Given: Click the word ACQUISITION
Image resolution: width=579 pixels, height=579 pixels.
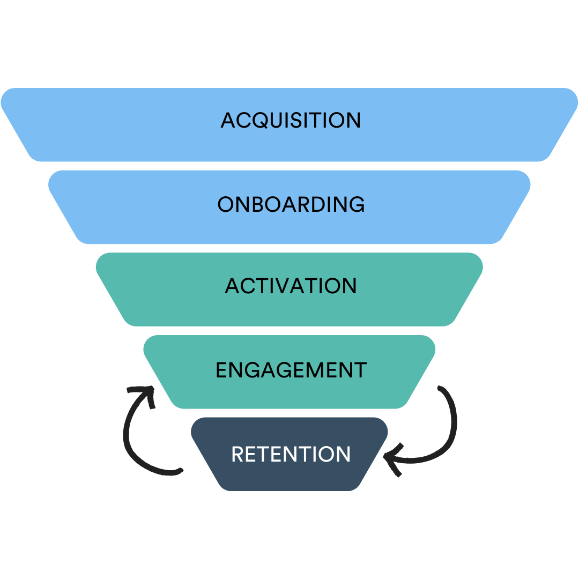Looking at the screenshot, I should tap(291, 120).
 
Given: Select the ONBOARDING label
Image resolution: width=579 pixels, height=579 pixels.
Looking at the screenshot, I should tap(291, 204).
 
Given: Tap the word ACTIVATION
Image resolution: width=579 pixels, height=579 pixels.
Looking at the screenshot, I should tap(291, 286).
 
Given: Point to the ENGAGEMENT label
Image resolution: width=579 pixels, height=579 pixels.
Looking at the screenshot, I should tap(291, 370).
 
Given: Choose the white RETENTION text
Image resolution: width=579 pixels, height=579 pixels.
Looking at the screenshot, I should tap(291, 454).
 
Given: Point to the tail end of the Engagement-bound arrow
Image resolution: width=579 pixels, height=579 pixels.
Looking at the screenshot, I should tap(180, 472).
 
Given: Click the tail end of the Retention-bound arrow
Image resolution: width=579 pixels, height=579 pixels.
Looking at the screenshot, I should tap(440, 388).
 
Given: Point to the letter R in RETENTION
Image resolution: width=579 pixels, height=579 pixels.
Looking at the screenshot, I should tap(237, 454).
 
